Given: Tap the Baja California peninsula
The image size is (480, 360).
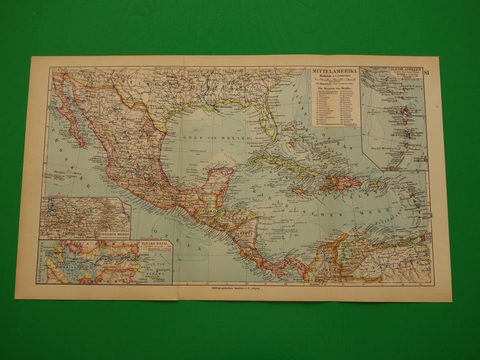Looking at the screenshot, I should tap(71, 116).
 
